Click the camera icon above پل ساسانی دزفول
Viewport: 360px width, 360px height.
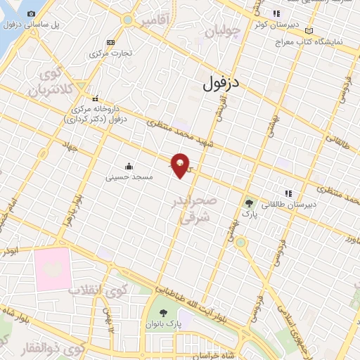(x=32, y=13)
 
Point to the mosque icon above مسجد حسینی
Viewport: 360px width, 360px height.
(x=129, y=167)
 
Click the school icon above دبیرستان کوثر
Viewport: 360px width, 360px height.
(x=277, y=13)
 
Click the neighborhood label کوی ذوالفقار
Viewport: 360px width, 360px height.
(x=41, y=347)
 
